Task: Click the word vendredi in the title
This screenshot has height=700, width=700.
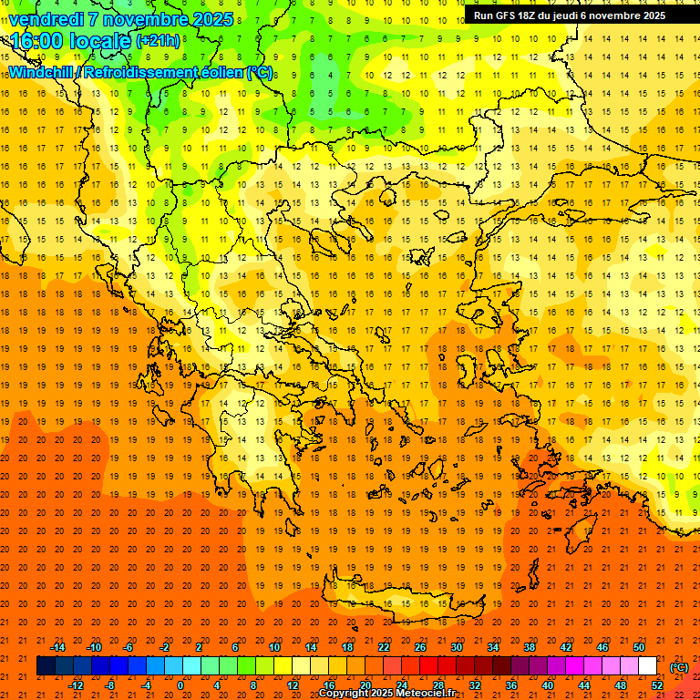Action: (x=47, y=19)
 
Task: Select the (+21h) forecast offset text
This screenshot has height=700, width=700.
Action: (x=158, y=41)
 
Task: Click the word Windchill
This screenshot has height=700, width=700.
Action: (x=42, y=72)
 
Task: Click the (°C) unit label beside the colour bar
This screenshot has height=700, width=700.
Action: (x=678, y=666)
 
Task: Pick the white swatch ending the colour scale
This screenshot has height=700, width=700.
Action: (x=647, y=666)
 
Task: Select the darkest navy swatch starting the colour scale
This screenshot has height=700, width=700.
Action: (x=46, y=666)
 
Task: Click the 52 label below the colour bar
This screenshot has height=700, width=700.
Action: (x=657, y=685)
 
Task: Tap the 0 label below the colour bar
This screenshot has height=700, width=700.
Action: (x=180, y=685)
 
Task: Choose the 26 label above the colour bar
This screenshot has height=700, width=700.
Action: (x=420, y=647)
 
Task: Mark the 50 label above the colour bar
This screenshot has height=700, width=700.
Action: (x=639, y=647)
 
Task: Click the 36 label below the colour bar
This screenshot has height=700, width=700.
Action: (x=511, y=685)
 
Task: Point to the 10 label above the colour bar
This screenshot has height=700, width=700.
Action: (x=274, y=647)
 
